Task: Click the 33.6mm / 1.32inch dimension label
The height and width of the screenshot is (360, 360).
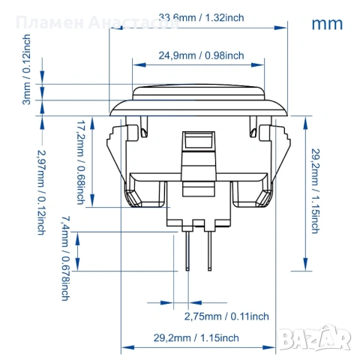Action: [200, 18]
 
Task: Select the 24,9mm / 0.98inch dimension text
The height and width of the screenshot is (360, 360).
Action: [201, 55]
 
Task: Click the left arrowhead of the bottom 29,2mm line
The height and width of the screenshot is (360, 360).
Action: [125, 347]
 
